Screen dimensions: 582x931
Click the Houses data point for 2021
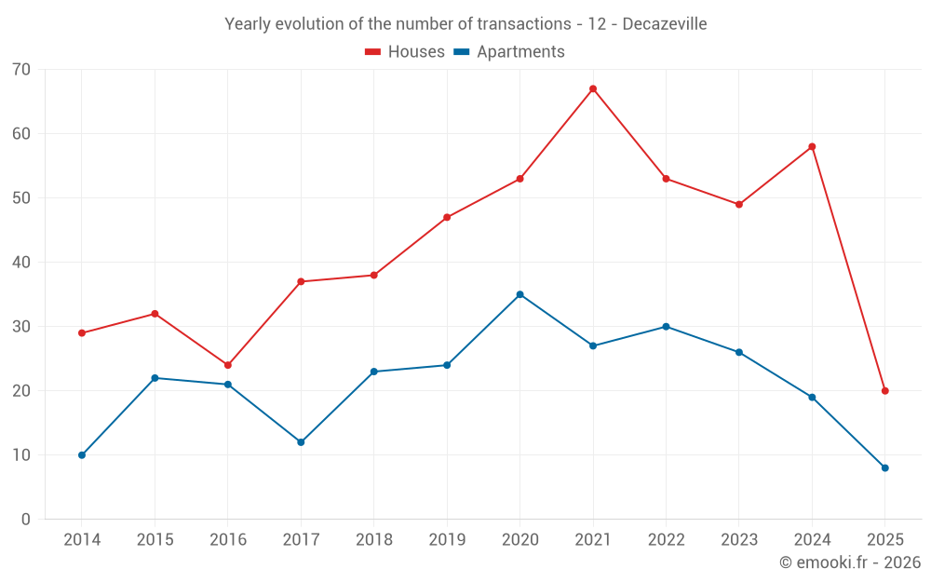tap(593, 88)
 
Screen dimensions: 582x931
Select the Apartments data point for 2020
tap(519, 294)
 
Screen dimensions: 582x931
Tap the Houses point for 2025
tap(884, 391)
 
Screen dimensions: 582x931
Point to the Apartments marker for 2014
tap(82, 455)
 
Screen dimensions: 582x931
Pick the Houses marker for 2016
tap(228, 365)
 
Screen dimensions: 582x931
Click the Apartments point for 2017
tap(301, 442)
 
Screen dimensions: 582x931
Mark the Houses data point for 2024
tap(812, 146)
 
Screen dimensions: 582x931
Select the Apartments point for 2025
tap(884, 467)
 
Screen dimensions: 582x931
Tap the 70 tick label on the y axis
tap(21, 70)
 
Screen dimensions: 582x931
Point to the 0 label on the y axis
tap(26, 520)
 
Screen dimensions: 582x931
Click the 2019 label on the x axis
tap(447, 540)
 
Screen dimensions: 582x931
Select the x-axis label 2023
tap(739, 540)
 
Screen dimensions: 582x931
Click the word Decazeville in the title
tap(664, 24)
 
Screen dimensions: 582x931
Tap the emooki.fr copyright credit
tap(850, 562)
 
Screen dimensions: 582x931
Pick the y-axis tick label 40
tap(21, 263)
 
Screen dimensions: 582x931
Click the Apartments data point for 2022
tap(666, 327)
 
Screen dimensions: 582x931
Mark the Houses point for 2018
tap(374, 275)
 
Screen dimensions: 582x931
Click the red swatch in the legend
tap(372, 52)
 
